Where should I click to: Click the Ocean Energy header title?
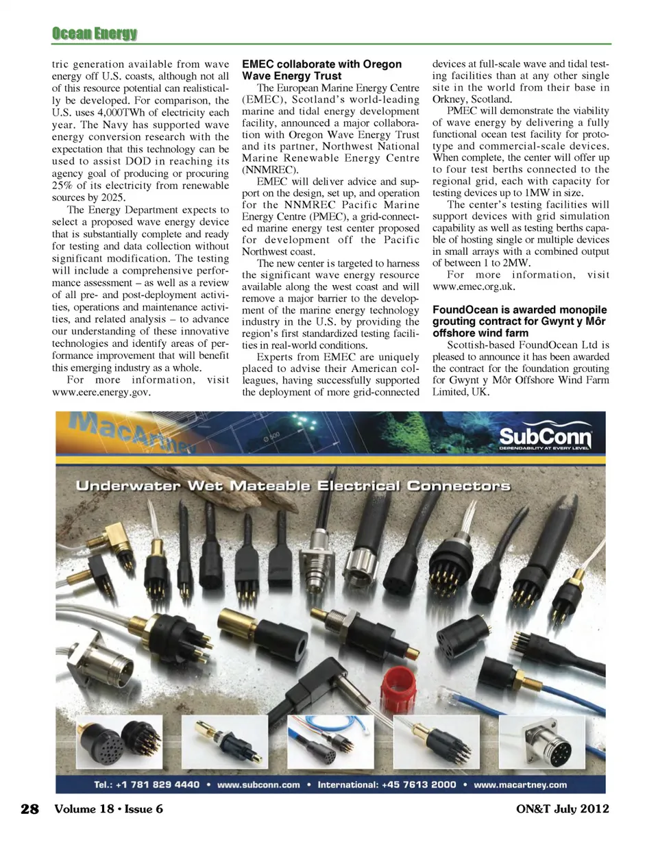click(x=94, y=33)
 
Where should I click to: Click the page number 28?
click(x=29, y=808)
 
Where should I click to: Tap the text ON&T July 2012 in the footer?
click(x=562, y=808)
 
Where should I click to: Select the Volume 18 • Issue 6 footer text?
click(x=108, y=808)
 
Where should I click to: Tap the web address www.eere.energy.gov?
click(x=101, y=392)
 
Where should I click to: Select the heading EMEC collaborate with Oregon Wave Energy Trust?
click(x=321, y=70)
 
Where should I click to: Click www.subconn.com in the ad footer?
click(x=258, y=784)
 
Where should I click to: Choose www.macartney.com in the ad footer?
click(x=520, y=784)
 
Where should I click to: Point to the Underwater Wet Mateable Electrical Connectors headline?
click(x=293, y=486)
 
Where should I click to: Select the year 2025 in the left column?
click(x=112, y=197)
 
